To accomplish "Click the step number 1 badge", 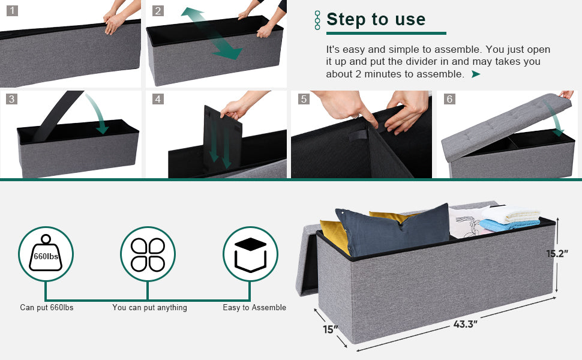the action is pyautogui.click(x=12, y=10).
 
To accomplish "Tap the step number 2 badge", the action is pyautogui.click(x=158, y=10).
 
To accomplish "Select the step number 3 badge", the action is pyautogui.click(x=12, y=99).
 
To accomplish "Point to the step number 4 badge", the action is pyautogui.click(x=158, y=99).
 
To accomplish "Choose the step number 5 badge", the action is pyautogui.click(x=304, y=99).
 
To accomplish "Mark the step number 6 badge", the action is pyautogui.click(x=449, y=99).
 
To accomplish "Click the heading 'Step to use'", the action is pyautogui.click(x=376, y=19).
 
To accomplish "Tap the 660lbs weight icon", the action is pyautogui.click(x=46, y=253).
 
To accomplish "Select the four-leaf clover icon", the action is pyautogui.click(x=148, y=254).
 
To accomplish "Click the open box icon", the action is pyautogui.click(x=251, y=254).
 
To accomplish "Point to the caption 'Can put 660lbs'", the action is pyautogui.click(x=47, y=307).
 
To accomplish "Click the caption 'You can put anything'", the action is pyautogui.click(x=149, y=307).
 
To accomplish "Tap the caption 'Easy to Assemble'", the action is pyautogui.click(x=254, y=307).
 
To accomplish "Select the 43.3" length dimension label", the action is pyautogui.click(x=465, y=325).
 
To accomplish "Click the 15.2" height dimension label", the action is pyautogui.click(x=557, y=254).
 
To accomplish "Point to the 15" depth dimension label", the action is pyautogui.click(x=331, y=329).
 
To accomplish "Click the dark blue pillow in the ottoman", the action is pyautogui.click(x=394, y=230).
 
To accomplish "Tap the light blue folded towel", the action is pyautogui.click(x=509, y=225).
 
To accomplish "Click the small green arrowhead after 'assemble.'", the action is pyautogui.click(x=476, y=74).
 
